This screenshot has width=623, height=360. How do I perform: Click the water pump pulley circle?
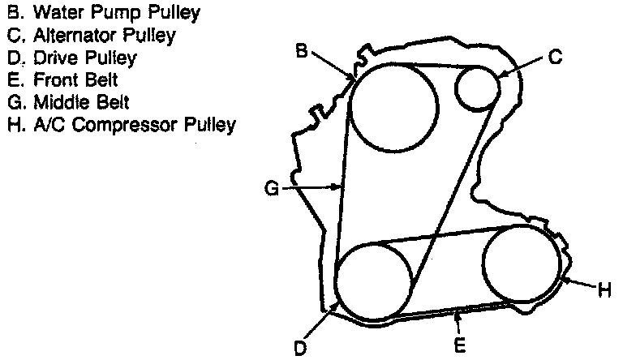point(395,109)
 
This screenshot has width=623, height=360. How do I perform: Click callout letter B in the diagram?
point(301,52)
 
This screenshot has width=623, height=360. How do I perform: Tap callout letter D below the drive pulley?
point(300,349)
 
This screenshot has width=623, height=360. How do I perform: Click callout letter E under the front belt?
point(459,345)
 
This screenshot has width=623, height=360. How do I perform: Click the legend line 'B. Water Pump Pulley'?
point(103,13)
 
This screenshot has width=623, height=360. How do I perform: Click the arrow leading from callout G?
point(311,188)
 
